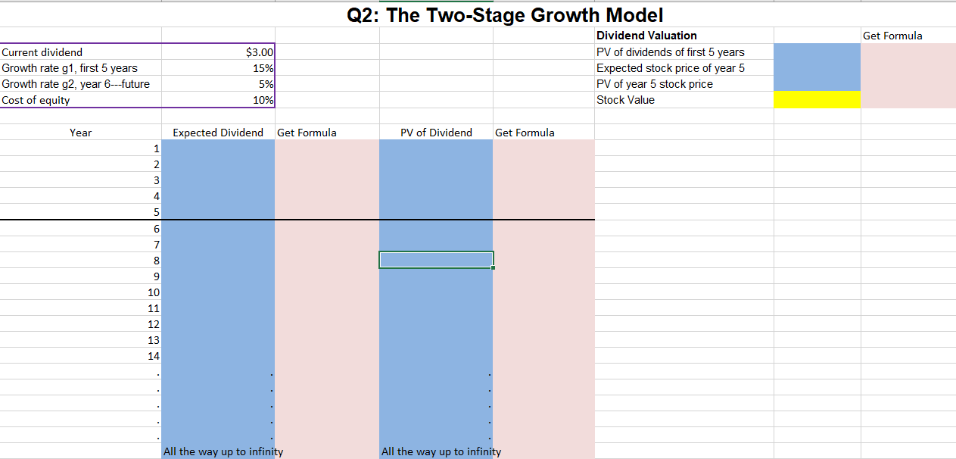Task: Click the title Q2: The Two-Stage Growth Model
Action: point(505,14)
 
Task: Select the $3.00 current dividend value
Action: point(260,52)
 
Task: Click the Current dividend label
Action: point(42,52)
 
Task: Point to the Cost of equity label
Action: point(36,100)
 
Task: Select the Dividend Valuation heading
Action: point(646,36)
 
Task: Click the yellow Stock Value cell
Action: point(817,100)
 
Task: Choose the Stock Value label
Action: point(625,100)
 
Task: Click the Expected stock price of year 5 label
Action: point(670,68)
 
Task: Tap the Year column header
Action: point(80,133)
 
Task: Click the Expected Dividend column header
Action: point(218,133)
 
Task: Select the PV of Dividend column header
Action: point(436,133)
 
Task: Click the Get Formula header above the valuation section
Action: point(892,36)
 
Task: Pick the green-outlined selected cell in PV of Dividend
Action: point(436,260)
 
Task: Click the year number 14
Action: point(154,356)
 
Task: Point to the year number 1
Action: point(156,148)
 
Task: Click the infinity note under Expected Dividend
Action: point(223,451)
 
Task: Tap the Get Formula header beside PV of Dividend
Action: point(525,133)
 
